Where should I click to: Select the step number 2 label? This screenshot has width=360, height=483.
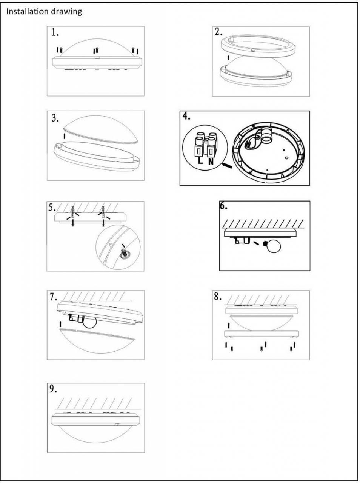click(x=218, y=32)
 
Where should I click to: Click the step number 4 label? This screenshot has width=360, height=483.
click(x=186, y=116)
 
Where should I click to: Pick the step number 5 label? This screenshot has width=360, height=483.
click(x=52, y=208)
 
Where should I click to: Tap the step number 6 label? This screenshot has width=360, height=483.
click(x=223, y=206)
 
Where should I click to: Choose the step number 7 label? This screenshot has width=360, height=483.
click(x=53, y=297)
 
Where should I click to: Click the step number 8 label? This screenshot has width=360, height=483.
click(x=218, y=297)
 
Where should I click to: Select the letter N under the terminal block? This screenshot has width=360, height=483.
click(x=211, y=162)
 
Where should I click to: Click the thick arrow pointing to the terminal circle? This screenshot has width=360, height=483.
click(x=227, y=166)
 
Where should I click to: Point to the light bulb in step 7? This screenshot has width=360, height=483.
click(x=90, y=323)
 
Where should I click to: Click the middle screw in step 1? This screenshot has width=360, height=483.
click(x=97, y=51)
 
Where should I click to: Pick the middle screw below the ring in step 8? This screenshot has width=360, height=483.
click(x=261, y=349)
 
